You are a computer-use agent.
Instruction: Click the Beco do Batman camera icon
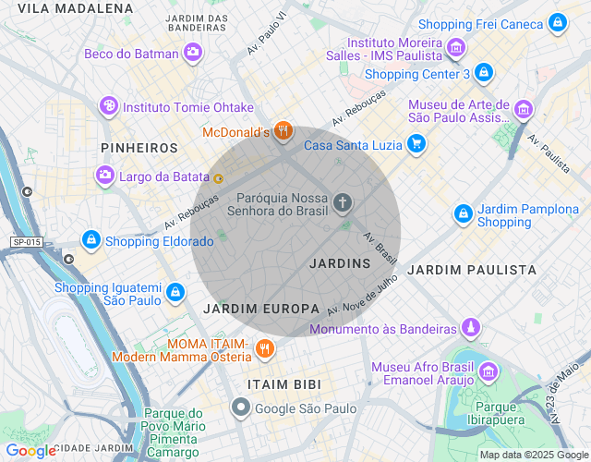pyautogui.click(x=193, y=54)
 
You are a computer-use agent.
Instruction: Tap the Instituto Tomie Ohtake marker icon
pyautogui.click(x=109, y=106)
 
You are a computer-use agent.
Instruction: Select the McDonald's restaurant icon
pyautogui.click(x=283, y=132)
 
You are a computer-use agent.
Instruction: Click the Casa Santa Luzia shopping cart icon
pyautogui.click(x=416, y=144)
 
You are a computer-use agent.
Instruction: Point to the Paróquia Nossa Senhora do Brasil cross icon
pyautogui.click(x=343, y=202)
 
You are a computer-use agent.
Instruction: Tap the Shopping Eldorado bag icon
pyautogui.click(x=90, y=241)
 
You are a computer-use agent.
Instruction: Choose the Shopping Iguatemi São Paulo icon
pyautogui.click(x=175, y=293)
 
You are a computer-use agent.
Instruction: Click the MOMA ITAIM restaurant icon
pyautogui.click(x=265, y=348)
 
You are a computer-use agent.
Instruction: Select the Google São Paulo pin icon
pyautogui.click(x=241, y=407)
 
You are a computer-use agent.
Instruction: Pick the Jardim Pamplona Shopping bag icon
pyautogui.click(x=463, y=214)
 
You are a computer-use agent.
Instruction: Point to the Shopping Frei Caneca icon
pyautogui.click(x=557, y=23)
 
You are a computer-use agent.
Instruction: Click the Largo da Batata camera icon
pyautogui.click(x=105, y=174)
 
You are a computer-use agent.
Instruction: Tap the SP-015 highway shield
pyautogui.click(x=27, y=242)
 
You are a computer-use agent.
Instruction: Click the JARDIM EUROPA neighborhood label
pyautogui.click(x=261, y=308)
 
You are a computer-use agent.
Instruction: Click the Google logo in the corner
pyautogui.click(x=30, y=451)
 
